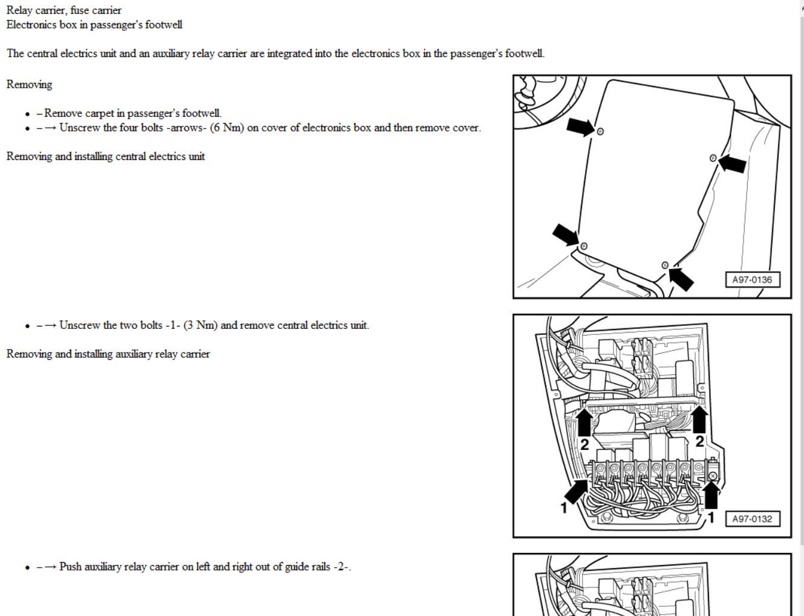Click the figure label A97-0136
(x=752, y=280)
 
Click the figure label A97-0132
(x=752, y=519)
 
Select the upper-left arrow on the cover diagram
(x=580, y=127)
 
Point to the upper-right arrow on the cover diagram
(x=732, y=162)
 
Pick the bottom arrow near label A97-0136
(x=681, y=278)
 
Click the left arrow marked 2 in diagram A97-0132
(x=584, y=422)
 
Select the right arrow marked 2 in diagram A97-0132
(x=699, y=419)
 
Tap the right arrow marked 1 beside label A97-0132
(x=711, y=495)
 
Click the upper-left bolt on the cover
(x=600, y=131)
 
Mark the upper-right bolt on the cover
(x=713, y=158)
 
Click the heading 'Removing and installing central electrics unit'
(x=106, y=156)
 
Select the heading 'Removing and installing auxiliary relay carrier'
(x=108, y=354)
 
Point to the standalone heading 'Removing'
(x=30, y=84)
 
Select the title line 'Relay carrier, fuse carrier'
(x=64, y=10)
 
